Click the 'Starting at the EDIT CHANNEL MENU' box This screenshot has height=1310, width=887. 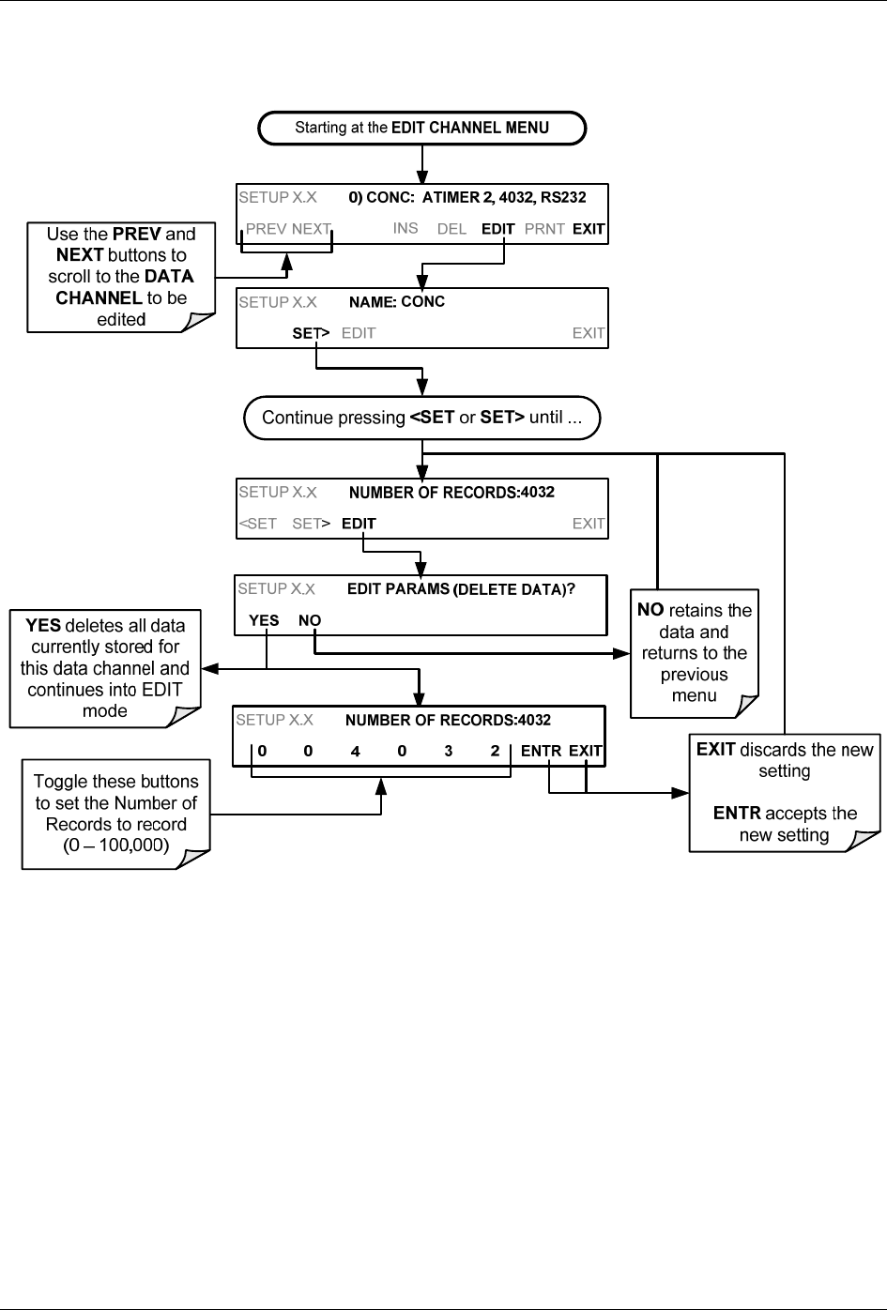[421, 128]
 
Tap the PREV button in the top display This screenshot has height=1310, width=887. [267, 229]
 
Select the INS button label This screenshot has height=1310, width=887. [405, 228]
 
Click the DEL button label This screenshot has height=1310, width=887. [451, 229]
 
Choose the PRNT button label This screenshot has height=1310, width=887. [544, 229]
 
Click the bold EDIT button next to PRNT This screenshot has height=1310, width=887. [497, 229]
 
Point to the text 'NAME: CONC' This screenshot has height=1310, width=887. [396, 302]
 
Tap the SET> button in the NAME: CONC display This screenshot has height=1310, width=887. [311, 333]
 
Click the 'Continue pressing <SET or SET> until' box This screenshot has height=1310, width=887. [421, 418]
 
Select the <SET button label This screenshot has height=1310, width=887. [258, 524]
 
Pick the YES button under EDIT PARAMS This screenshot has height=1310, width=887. [264, 620]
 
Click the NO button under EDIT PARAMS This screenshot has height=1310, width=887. [310, 620]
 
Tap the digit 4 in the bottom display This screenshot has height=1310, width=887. [355, 751]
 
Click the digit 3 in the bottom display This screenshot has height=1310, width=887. [448, 751]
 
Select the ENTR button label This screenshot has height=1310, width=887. [541, 751]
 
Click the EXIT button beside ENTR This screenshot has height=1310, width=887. [585, 751]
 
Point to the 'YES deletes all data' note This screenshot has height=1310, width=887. [105, 668]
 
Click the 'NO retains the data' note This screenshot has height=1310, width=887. [694, 653]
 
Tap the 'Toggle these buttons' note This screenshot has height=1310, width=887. [116, 813]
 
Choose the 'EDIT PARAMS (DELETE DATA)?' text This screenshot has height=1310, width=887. [461, 589]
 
